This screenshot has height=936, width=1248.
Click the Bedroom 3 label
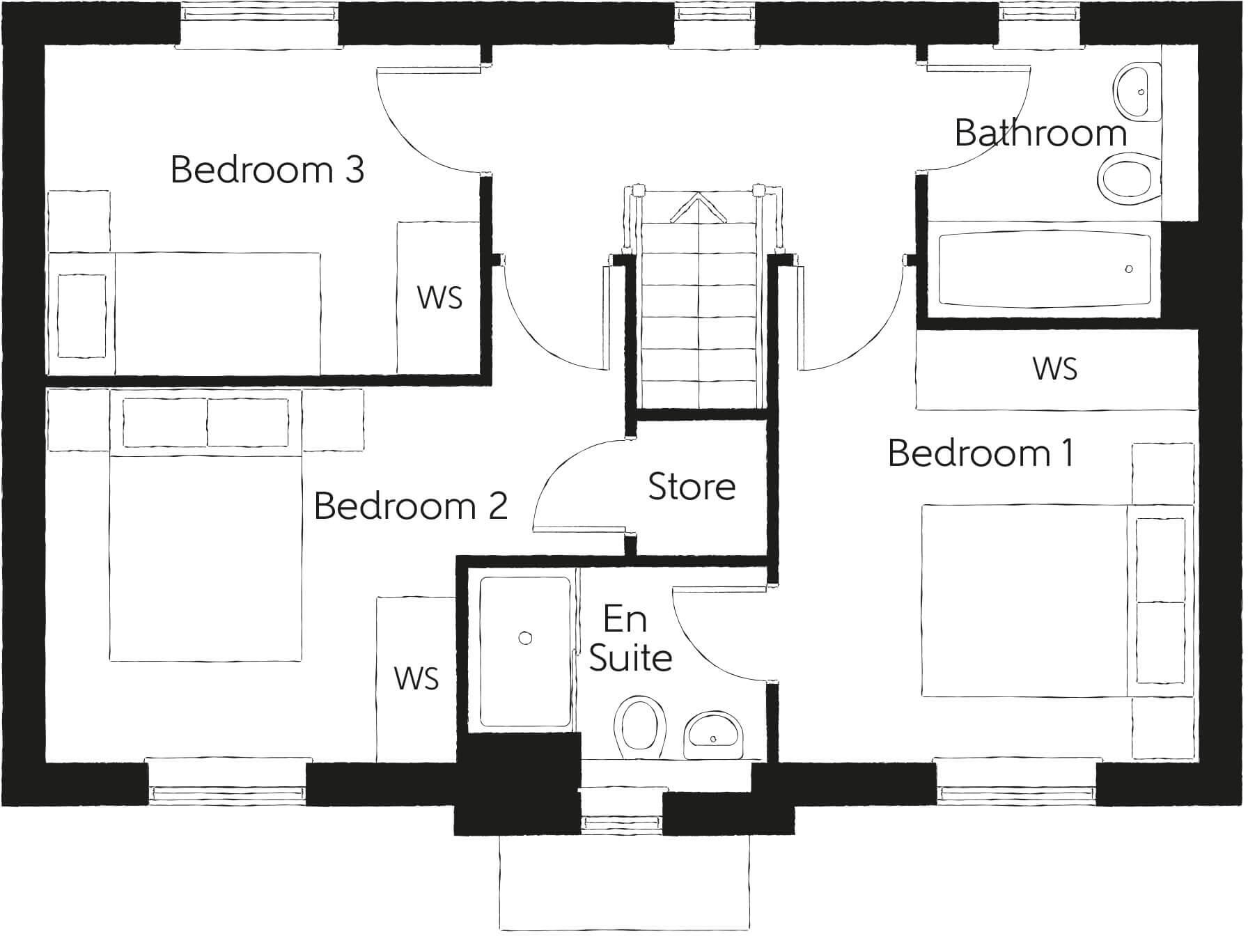point(267,170)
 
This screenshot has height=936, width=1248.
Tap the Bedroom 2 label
point(410,506)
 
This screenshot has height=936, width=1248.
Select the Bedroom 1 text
point(981,453)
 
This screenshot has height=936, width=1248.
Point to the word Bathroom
point(1040,133)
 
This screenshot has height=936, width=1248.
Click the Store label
point(692,487)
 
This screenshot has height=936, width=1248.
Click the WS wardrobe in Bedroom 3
point(439,297)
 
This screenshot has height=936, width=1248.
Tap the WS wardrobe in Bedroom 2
point(416,678)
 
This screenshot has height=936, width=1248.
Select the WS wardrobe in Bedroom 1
point(1055,370)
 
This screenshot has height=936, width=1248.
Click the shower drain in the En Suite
point(526,638)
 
